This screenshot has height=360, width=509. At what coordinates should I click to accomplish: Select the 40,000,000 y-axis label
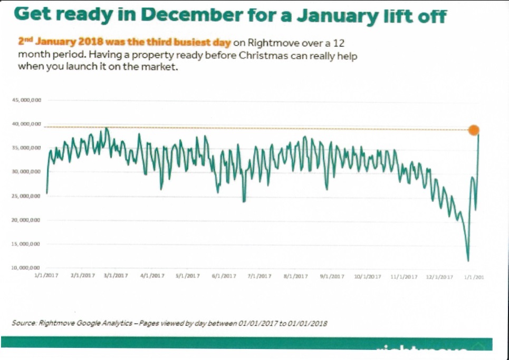(x=26, y=124)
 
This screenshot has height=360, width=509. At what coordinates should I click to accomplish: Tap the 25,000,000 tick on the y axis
(x=26, y=196)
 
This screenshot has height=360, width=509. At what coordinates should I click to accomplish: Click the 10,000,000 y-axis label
(x=26, y=268)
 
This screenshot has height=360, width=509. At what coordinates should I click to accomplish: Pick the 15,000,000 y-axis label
(x=26, y=244)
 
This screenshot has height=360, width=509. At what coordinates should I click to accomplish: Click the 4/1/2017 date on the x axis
(x=153, y=276)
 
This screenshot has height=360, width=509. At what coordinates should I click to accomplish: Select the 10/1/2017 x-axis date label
(x=367, y=276)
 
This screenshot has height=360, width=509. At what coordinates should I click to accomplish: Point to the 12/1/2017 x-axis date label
(x=440, y=276)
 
